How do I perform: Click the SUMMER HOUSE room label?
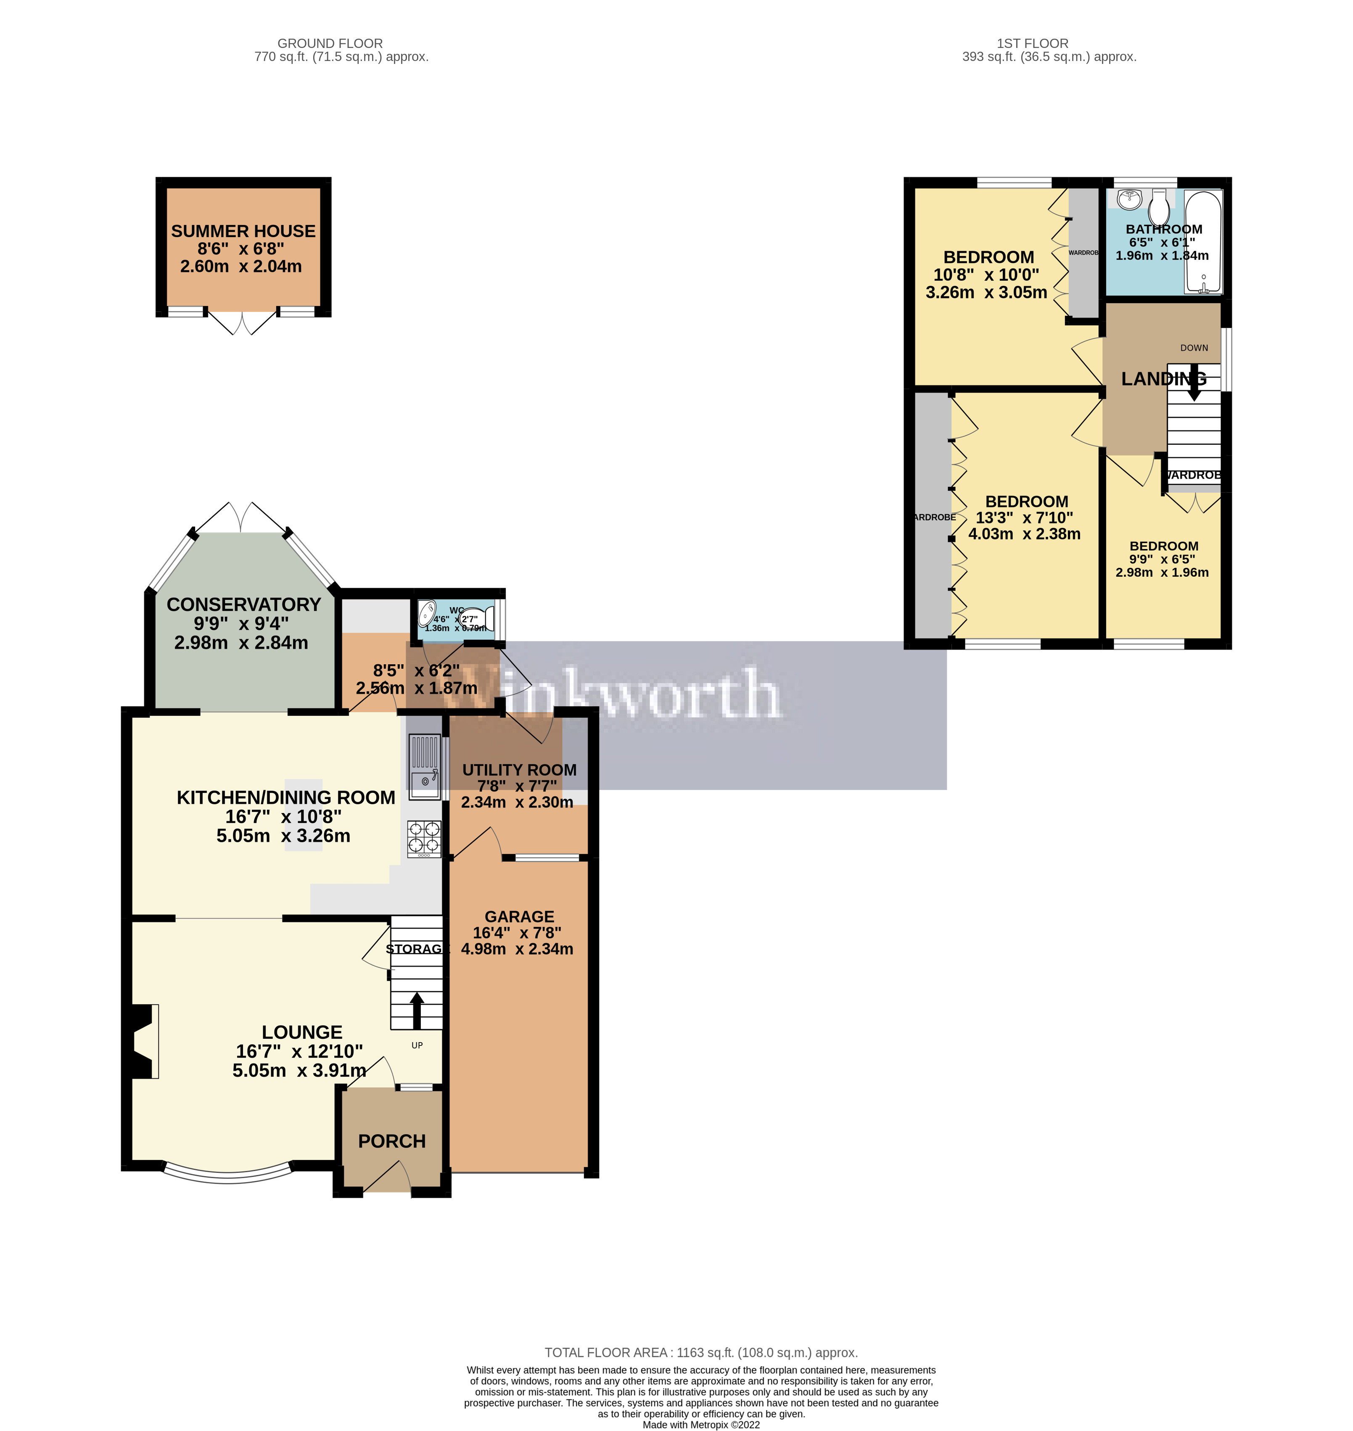[x=243, y=232]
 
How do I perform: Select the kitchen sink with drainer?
[x=424, y=767]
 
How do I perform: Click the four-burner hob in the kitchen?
[x=424, y=839]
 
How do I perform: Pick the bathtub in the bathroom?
[x=1203, y=242]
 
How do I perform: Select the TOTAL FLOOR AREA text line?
[x=700, y=1353]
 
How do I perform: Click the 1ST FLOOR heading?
[x=1032, y=43]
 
